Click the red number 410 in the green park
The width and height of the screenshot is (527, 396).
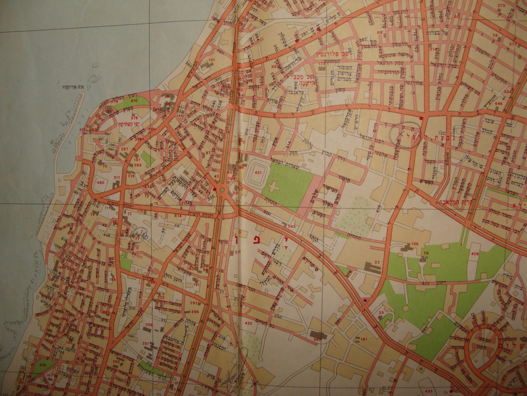[x=134, y=100]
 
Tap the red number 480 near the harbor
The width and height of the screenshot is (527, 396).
[x=100, y=182]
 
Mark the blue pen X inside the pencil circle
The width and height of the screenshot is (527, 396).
[x=401, y=134]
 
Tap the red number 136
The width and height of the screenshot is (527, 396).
[x=415, y=244]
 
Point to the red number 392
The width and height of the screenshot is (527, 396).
[x=317, y=339]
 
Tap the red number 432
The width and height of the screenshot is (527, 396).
[x=248, y=323]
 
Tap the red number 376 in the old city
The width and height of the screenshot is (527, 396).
[x=134, y=118]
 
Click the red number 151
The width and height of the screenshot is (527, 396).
[x=212, y=60]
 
